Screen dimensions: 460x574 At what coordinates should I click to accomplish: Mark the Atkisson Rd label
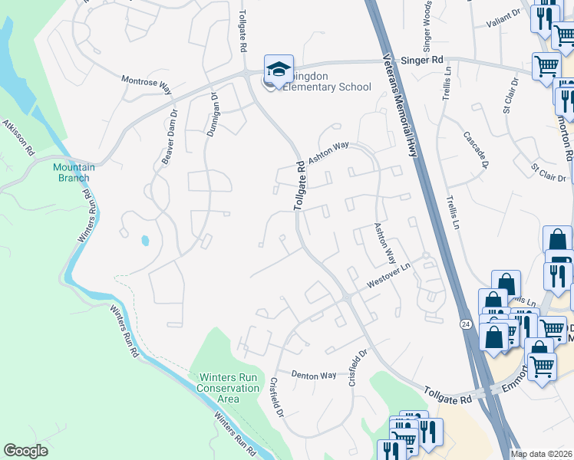(x=19, y=137)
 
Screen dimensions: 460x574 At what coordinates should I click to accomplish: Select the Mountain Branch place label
(x=74, y=172)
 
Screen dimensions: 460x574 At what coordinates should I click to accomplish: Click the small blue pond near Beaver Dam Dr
(x=145, y=241)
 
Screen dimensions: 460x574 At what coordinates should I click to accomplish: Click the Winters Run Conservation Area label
(x=229, y=388)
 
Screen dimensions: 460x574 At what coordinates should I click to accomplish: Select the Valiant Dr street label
(x=503, y=17)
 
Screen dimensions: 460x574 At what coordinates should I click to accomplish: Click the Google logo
(x=25, y=451)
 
